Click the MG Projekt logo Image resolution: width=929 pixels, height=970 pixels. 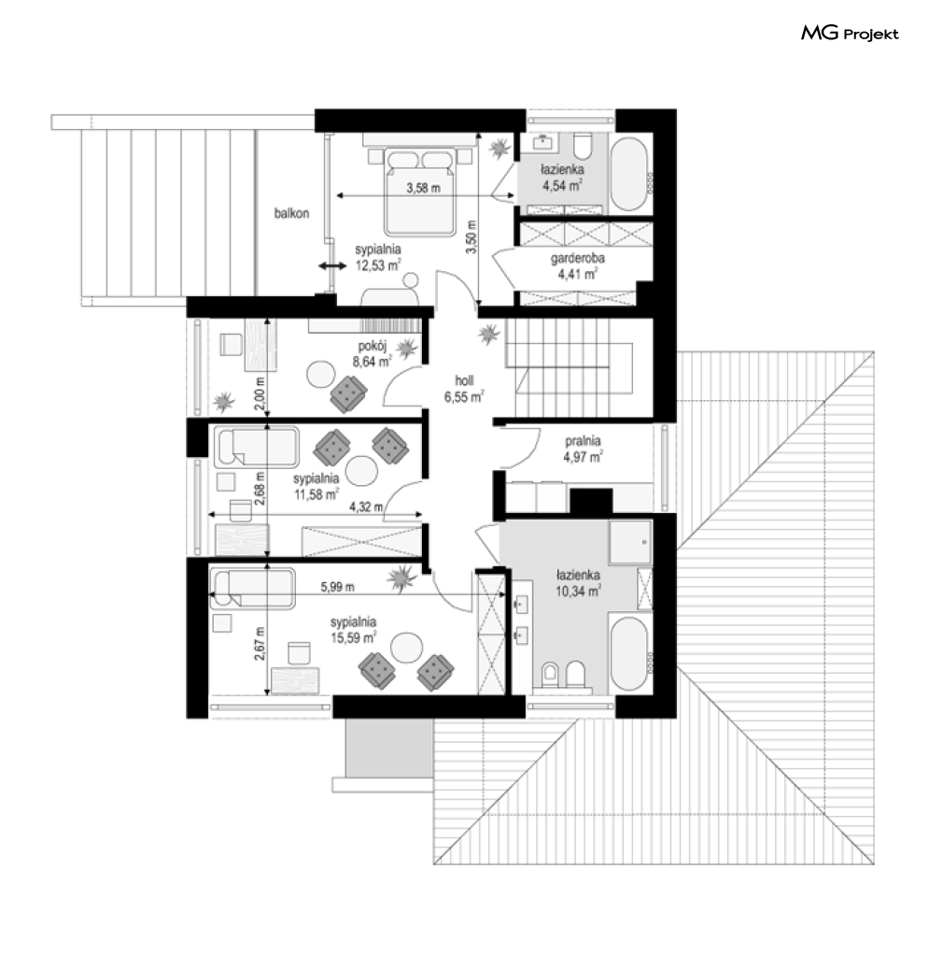pyautogui.click(x=850, y=34)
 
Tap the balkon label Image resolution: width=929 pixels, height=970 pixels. pyautogui.click(x=291, y=213)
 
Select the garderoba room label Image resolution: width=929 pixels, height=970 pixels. pyautogui.click(x=578, y=258)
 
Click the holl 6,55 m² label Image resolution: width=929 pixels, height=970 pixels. pyautogui.click(x=464, y=389)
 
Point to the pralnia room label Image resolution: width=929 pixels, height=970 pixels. pyautogui.click(x=583, y=441)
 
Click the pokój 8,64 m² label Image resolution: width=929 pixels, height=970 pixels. pyautogui.click(x=373, y=354)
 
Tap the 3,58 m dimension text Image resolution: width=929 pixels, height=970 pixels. pyautogui.click(x=423, y=188)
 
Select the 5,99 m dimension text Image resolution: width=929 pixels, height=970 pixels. pyautogui.click(x=337, y=587)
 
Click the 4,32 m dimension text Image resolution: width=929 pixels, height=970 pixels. pyautogui.click(x=366, y=506)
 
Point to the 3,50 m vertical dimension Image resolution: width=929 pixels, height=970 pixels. pyautogui.click(x=472, y=237)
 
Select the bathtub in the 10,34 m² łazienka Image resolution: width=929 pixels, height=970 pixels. pyautogui.click(x=629, y=653)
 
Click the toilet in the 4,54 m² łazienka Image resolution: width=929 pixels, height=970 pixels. pyautogui.click(x=583, y=146)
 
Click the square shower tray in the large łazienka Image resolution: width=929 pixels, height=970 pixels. pyautogui.click(x=630, y=542)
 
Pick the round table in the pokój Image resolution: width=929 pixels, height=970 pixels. pyautogui.click(x=321, y=375)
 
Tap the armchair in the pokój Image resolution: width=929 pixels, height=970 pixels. pyautogui.click(x=348, y=394)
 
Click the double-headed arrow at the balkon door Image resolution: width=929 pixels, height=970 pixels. pyautogui.click(x=332, y=266)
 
